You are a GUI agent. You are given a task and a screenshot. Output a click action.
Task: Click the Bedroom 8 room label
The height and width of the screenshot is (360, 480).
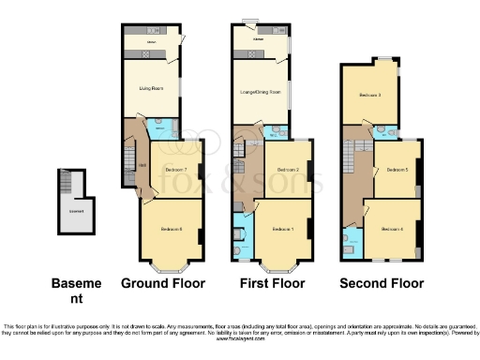coord(171,230)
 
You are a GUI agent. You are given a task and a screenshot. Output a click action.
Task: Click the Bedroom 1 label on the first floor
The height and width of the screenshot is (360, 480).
coord(282,230)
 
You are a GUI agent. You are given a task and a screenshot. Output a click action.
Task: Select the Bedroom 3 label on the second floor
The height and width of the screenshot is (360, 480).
coord(369,96)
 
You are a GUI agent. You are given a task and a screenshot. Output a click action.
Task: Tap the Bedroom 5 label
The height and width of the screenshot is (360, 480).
coord(397,170)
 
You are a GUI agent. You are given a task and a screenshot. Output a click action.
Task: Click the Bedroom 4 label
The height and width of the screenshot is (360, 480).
coord(393,228)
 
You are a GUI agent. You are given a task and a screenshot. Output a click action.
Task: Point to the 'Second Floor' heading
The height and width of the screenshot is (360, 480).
coord(382,283)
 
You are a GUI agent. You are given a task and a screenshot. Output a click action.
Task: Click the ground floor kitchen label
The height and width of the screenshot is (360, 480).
coord(149,42)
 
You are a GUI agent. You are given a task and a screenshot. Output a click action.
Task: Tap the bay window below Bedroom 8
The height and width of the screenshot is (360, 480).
coord(171,266)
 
